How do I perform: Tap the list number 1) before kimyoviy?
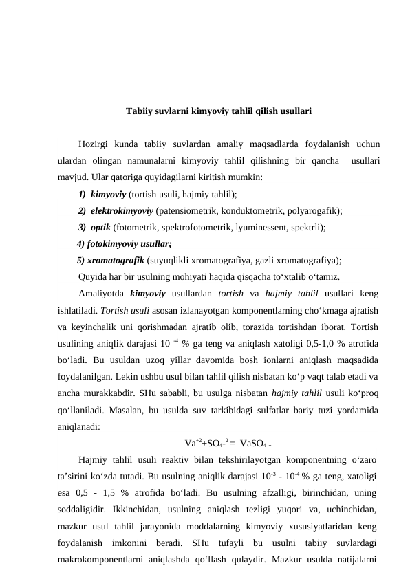82,195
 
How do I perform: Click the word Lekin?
127,376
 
